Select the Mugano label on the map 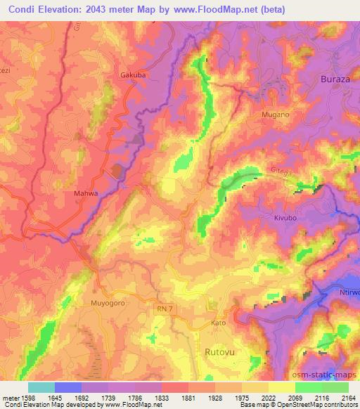point(275,112)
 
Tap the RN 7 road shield point(162,308)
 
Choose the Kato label point(219,323)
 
